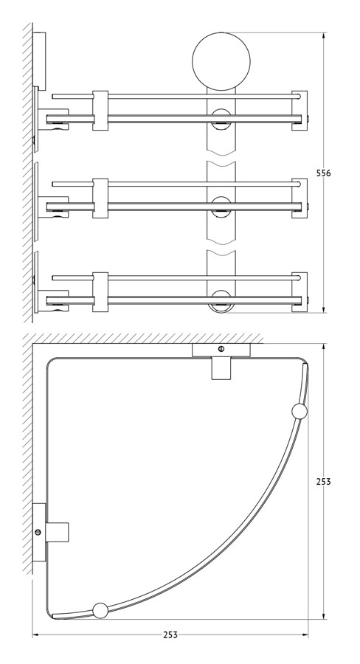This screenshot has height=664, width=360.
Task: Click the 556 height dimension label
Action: pyautogui.click(x=324, y=173)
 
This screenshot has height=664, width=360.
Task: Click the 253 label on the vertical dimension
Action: pyautogui.click(x=324, y=482)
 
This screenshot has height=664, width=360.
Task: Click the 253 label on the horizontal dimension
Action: pyautogui.click(x=170, y=634)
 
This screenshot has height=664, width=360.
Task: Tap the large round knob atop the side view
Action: pyautogui.click(x=221, y=61)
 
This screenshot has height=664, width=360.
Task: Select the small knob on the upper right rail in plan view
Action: pyautogui.click(x=300, y=412)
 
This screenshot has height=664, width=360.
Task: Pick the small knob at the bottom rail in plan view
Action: pyautogui.click(x=100, y=610)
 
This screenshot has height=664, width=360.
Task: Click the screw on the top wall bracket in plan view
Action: pyautogui.click(x=221, y=349)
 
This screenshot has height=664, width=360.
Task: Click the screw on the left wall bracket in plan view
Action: pyautogui.click(x=38, y=532)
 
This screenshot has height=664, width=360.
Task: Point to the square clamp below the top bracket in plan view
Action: pyautogui.click(x=221, y=368)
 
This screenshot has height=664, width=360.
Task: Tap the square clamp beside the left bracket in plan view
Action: pyautogui.click(x=58, y=532)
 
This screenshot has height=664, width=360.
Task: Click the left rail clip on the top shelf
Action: pyautogui.click(x=100, y=110)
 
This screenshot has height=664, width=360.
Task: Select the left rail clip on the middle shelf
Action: pyautogui.click(x=100, y=198)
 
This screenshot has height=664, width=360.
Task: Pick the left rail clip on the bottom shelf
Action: pyautogui.click(x=100, y=291)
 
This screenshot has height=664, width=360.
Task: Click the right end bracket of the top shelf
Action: pyautogui.click(x=300, y=110)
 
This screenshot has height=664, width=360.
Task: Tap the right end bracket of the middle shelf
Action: pyautogui.click(x=300, y=198)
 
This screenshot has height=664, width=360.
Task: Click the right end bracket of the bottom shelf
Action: pyautogui.click(x=300, y=291)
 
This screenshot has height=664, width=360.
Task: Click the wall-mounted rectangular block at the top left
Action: pyautogui.click(x=39, y=61)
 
